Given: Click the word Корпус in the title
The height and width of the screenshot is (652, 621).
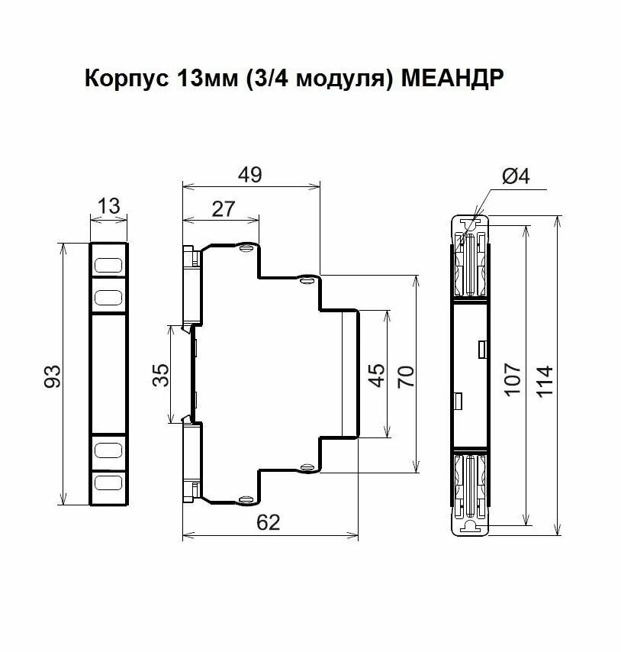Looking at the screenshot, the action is click(x=127, y=78).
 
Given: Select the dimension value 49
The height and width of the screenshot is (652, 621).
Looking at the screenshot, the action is click(x=250, y=175).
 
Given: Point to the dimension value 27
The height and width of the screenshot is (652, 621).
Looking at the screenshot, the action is click(x=224, y=209).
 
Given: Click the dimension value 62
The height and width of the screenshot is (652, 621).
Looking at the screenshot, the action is click(x=269, y=522).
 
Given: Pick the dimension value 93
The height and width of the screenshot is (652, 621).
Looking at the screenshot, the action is click(x=53, y=376).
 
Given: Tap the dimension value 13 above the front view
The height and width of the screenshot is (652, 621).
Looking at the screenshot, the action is click(x=109, y=206).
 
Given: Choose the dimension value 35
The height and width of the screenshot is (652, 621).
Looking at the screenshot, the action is click(x=161, y=375).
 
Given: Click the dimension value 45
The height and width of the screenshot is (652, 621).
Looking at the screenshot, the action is click(x=377, y=375).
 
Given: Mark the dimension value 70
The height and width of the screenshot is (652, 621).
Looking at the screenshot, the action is click(x=406, y=376).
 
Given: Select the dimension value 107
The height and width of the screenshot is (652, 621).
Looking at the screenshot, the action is click(x=513, y=379).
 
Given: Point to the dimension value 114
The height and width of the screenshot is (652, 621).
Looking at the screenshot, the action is click(x=545, y=381).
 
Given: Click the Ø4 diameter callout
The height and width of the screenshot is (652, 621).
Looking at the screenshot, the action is click(x=516, y=176).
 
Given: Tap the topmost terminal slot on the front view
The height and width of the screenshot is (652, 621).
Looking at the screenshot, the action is click(x=109, y=266).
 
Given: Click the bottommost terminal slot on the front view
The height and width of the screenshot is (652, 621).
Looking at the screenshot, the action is click(x=109, y=483).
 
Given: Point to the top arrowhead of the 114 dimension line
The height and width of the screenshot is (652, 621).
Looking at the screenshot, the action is click(x=558, y=222).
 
